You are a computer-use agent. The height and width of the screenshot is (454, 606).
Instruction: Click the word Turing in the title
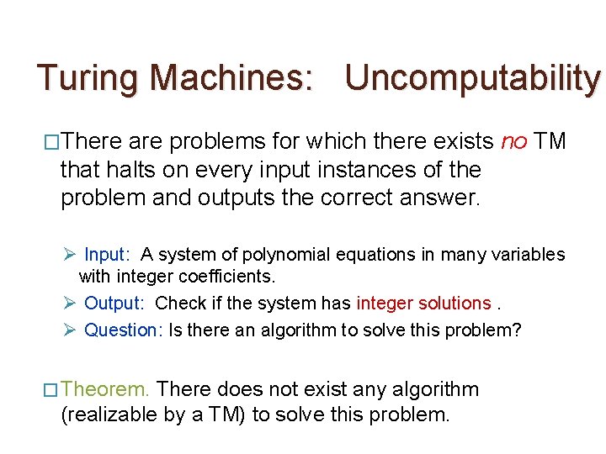(x=88, y=78)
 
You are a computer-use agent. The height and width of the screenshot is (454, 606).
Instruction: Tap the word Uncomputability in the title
(x=473, y=78)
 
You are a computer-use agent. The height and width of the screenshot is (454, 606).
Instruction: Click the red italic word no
(x=513, y=141)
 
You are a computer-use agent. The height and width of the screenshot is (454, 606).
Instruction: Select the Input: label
(x=107, y=254)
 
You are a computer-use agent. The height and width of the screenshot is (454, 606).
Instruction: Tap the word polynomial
(x=288, y=254)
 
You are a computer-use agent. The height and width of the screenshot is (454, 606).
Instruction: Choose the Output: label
(x=114, y=303)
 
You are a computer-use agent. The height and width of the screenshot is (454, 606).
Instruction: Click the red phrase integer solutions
(x=423, y=303)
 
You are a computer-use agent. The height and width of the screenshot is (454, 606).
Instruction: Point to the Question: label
(x=122, y=330)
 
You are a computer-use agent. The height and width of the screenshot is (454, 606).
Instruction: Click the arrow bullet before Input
(x=72, y=254)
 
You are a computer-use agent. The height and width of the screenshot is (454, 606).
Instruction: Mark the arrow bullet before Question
(x=72, y=330)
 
